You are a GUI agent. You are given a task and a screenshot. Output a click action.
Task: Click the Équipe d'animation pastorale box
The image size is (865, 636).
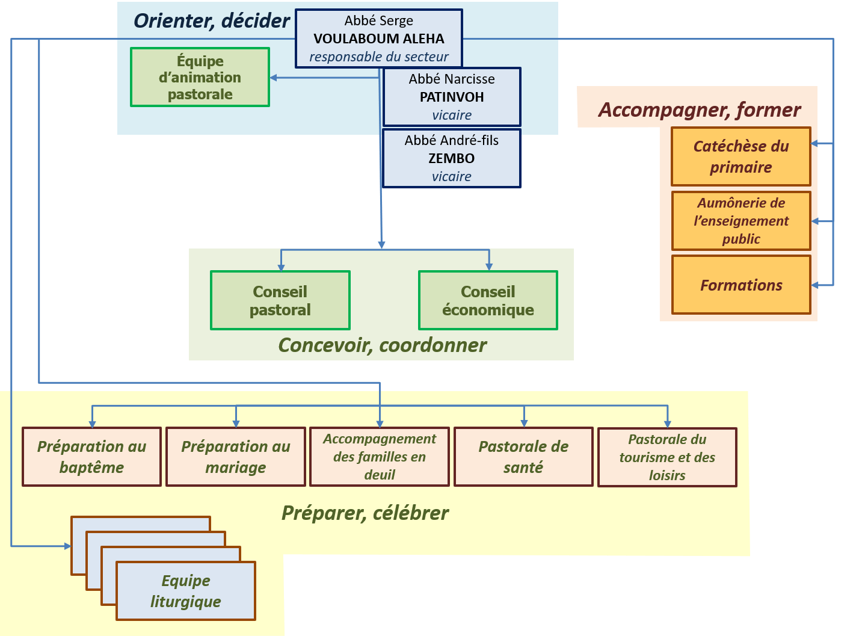click(200, 78)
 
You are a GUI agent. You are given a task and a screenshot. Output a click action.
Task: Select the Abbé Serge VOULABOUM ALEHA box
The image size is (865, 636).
click(379, 39)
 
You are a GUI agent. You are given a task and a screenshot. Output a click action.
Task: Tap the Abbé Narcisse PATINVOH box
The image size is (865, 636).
click(452, 96)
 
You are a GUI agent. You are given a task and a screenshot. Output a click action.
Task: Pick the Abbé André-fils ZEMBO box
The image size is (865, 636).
click(452, 158)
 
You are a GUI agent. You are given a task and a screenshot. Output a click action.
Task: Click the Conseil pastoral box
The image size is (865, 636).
click(280, 300)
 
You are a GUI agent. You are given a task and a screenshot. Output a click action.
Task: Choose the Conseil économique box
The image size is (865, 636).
click(488, 300)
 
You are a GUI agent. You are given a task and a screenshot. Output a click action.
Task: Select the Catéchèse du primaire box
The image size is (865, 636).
click(741, 156)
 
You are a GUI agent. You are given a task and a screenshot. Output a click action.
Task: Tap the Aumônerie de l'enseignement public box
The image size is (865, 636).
click(741, 221)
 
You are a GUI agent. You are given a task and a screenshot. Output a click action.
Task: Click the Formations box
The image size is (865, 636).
click(741, 285)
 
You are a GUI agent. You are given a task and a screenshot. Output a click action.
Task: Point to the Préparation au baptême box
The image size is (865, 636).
click(91, 457)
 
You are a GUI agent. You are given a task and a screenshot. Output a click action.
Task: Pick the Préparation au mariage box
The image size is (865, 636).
click(236, 457)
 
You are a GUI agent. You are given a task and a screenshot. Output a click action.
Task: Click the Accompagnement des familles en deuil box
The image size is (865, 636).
click(380, 457)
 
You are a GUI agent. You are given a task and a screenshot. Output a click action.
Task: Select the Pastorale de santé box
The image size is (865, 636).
click(523, 457)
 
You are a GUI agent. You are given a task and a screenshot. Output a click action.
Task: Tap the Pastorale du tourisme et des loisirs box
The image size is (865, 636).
click(667, 457)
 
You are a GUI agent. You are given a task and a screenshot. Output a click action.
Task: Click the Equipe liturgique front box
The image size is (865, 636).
click(185, 591)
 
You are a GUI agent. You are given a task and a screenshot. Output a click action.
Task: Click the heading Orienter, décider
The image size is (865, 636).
click(211, 21)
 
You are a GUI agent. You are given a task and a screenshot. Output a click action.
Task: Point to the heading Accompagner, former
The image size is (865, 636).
click(700, 110)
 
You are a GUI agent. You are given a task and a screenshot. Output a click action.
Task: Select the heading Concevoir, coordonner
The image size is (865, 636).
click(383, 345)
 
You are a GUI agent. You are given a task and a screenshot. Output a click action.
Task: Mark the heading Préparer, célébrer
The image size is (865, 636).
click(365, 513)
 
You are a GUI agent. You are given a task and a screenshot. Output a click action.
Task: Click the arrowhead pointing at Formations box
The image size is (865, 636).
click(816, 285)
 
